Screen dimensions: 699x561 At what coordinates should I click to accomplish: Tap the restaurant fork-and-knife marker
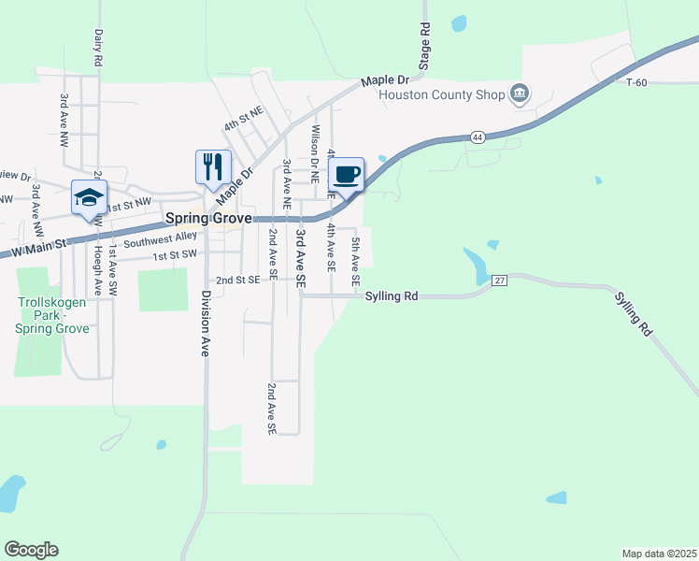212,166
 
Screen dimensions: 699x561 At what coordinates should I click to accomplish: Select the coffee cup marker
346,173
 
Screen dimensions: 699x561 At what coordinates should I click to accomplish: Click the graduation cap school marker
89,197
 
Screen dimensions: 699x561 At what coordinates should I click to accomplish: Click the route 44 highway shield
478,137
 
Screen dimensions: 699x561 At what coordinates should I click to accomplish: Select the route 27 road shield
500,280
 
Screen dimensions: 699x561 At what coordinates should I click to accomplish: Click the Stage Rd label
424,47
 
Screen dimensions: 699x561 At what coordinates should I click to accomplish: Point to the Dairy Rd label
97,47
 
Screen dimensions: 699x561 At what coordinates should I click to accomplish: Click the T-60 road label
636,83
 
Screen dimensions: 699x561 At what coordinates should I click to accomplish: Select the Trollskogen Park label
52,315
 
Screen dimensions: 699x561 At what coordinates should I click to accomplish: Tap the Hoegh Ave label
96,272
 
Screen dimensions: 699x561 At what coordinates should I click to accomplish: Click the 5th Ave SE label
355,262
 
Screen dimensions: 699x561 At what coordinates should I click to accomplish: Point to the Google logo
31,550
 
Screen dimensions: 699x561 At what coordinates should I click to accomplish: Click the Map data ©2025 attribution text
659,554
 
